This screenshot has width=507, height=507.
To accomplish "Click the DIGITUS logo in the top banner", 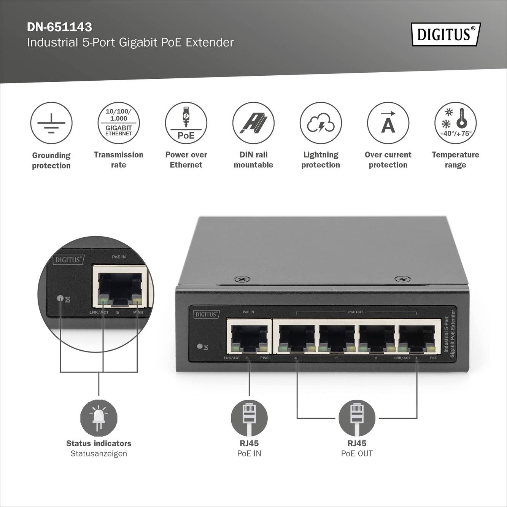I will pos(446,34).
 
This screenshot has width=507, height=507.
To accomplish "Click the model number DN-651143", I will pos(59,27).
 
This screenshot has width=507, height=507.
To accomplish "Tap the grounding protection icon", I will pos(51,123).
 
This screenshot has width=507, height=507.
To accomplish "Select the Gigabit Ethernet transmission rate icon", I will pos(119,123).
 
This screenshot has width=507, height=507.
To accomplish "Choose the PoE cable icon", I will pos(186,123).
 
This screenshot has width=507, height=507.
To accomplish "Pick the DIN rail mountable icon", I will pos(253,123).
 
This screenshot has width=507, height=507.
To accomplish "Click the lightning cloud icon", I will pos(321,123).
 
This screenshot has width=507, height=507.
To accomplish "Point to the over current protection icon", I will pos(388,123).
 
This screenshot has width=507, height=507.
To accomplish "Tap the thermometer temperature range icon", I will pos(455,123).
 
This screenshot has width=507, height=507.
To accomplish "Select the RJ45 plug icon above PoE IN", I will pos(249,418).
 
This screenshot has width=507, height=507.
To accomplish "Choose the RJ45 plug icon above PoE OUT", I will pos(357,418).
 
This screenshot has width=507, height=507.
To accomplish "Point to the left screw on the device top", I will pos(242,279).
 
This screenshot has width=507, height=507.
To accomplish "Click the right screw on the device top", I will pos(402,279).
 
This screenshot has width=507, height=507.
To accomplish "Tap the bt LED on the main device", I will pos(200,346).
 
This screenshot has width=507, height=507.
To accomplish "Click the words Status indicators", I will pos(99,443).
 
